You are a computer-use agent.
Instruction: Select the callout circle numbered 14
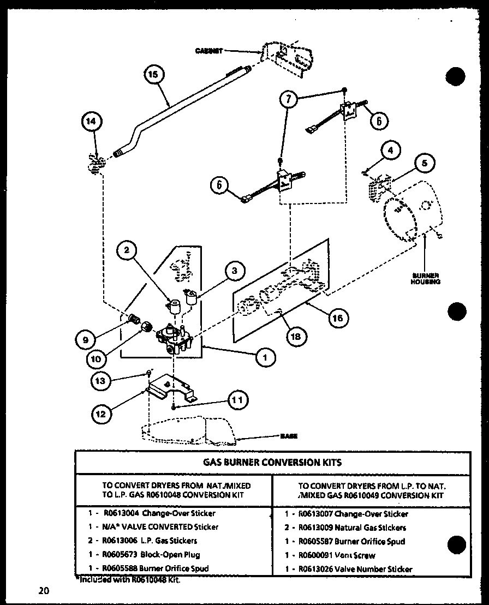click(91, 123)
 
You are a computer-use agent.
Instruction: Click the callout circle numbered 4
click(390, 149)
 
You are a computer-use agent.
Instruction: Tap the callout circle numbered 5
click(426, 164)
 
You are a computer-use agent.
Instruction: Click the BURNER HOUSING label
click(426, 279)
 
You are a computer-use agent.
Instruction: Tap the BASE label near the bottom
click(289, 436)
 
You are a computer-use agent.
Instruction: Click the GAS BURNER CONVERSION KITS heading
click(272, 462)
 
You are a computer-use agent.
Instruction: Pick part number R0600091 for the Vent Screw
click(313, 555)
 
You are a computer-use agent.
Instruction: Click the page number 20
click(44, 590)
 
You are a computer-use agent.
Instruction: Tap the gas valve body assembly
click(173, 340)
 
